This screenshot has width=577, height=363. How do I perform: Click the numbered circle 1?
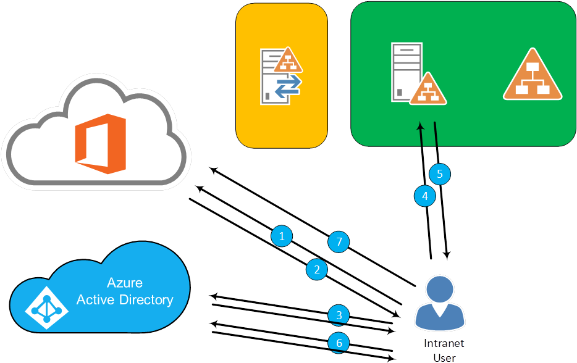(282, 236)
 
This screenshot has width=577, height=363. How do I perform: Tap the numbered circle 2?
(317, 269)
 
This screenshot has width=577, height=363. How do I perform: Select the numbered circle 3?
(339, 315)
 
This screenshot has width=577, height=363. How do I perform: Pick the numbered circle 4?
(424, 196)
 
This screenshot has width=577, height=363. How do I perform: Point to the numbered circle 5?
(439, 173)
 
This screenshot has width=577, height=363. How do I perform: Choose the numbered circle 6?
(339, 342)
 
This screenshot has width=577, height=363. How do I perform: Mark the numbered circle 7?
(338, 241)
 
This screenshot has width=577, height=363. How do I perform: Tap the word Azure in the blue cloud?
(124, 283)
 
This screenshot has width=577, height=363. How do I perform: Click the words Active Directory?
(124, 300)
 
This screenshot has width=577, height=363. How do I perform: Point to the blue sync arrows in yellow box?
(288, 87)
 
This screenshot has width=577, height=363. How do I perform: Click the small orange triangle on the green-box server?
(431, 90)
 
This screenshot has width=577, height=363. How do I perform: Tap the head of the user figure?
(440, 288)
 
